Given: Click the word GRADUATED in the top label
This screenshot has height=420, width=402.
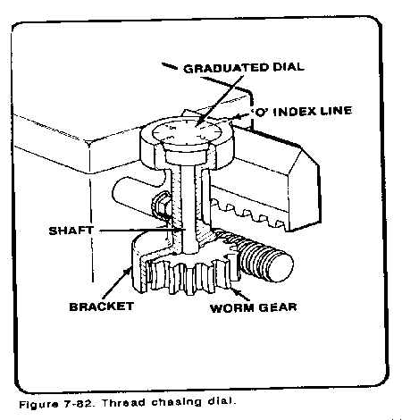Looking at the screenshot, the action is pyautogui.click(x=226, y=68).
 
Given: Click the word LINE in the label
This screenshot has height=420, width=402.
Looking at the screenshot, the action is pyautogui.click(x=336, y=111).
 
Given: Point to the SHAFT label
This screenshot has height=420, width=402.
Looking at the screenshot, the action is pyautogui.click(x=71, y=231).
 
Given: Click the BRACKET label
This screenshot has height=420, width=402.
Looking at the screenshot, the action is pyautogui.click(x=102, y=307).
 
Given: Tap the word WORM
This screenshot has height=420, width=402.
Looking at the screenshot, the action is pyautogui.click(x=232, y=308).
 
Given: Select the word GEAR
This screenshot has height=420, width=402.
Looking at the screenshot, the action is pyautogui.click(x=278, y=307).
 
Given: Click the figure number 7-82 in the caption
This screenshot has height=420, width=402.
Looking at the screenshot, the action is pyautogui.click(x=80, y=404).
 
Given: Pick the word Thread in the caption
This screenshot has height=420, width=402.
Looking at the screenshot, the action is pyautogui.click(x=122, y=403).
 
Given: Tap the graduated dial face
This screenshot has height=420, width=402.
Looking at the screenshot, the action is pyautogui.click(x=187, y=132).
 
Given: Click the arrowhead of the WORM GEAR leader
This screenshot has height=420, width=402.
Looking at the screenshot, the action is pyautogui.click(x=233, y=288).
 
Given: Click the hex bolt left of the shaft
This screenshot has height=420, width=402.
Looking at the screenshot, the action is pyautogui.click(x=162, y=207).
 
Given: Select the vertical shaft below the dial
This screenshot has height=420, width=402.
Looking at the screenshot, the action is pyautogui.click(x=188, y=208).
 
